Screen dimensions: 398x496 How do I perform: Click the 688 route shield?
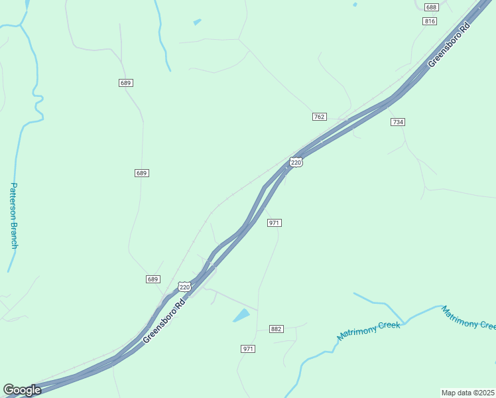(x=431, y=7)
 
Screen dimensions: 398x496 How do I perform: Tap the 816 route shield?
(x=430, y=21)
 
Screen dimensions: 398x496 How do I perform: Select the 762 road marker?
(x=319, y=117)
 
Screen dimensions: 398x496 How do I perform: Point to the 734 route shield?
(x=397, y=122)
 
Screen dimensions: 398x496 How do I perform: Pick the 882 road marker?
(x=277, y=329)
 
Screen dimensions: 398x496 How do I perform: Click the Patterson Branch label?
(x=14, y=216)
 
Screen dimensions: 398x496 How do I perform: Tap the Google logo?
(x=22, y=390)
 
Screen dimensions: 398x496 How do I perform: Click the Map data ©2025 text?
(x=468, y=392)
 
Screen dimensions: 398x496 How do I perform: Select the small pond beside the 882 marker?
(x=241, y=315)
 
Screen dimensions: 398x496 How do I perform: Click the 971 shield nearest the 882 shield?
(x=248, y=348)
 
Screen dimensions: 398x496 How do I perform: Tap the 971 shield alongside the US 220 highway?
(x=275, y=223)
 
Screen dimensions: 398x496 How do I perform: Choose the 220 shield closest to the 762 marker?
(x=296, y=162)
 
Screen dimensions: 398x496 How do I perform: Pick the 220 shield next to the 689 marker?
(x=184, y=287)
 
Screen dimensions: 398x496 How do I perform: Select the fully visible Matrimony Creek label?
(x=369, y=330)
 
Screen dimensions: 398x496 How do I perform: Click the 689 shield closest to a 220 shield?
(x=153, y=279)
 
